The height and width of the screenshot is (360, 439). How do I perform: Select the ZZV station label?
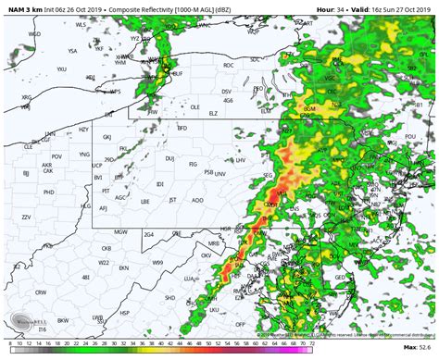coord(25,216)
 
